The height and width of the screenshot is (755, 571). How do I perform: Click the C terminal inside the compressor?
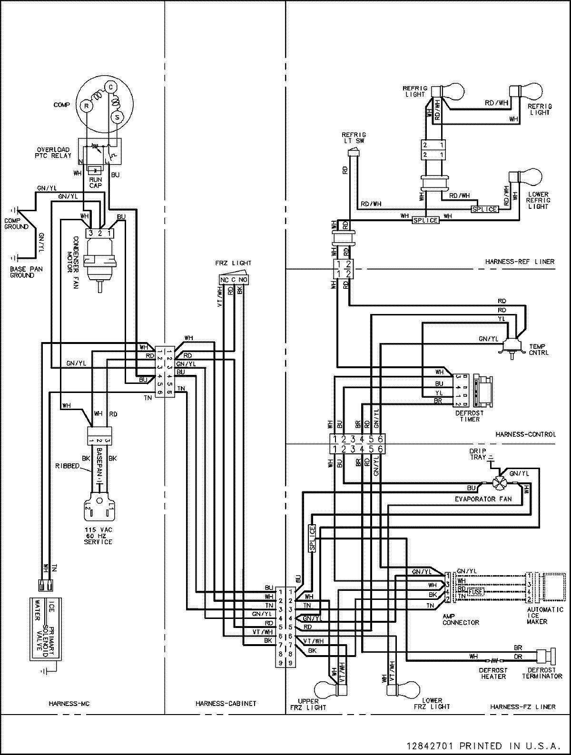pos(110,87)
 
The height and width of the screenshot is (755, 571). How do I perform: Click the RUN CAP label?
pos(96,182)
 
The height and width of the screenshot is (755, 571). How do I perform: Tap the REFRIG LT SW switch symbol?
pos(352,152)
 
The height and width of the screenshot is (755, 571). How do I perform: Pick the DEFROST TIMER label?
pos(470,416)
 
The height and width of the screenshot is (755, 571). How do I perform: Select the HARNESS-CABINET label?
pos(226,703)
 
